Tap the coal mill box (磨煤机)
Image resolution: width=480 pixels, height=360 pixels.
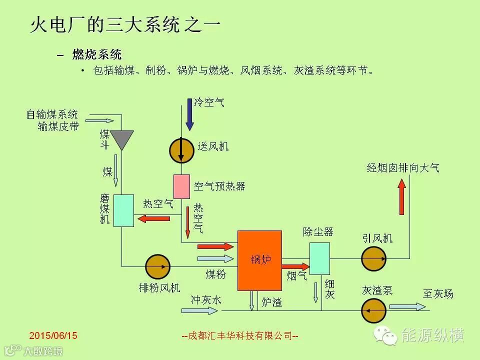click(123, 210)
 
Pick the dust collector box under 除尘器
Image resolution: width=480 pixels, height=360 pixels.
click(319, 258)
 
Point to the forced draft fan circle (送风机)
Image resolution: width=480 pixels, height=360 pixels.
click(181, 149)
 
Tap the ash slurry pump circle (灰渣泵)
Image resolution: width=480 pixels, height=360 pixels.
click(373, 311)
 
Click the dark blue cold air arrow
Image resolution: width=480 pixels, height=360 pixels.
click(189, 114)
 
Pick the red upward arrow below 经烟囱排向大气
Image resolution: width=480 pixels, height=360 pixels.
click(401, 197)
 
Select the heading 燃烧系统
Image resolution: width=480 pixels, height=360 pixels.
click(97, 54)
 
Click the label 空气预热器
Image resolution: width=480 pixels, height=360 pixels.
click(219, 186)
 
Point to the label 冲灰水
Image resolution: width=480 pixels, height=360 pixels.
click(205, 300)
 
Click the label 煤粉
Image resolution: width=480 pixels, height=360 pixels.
click(215, 274)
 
